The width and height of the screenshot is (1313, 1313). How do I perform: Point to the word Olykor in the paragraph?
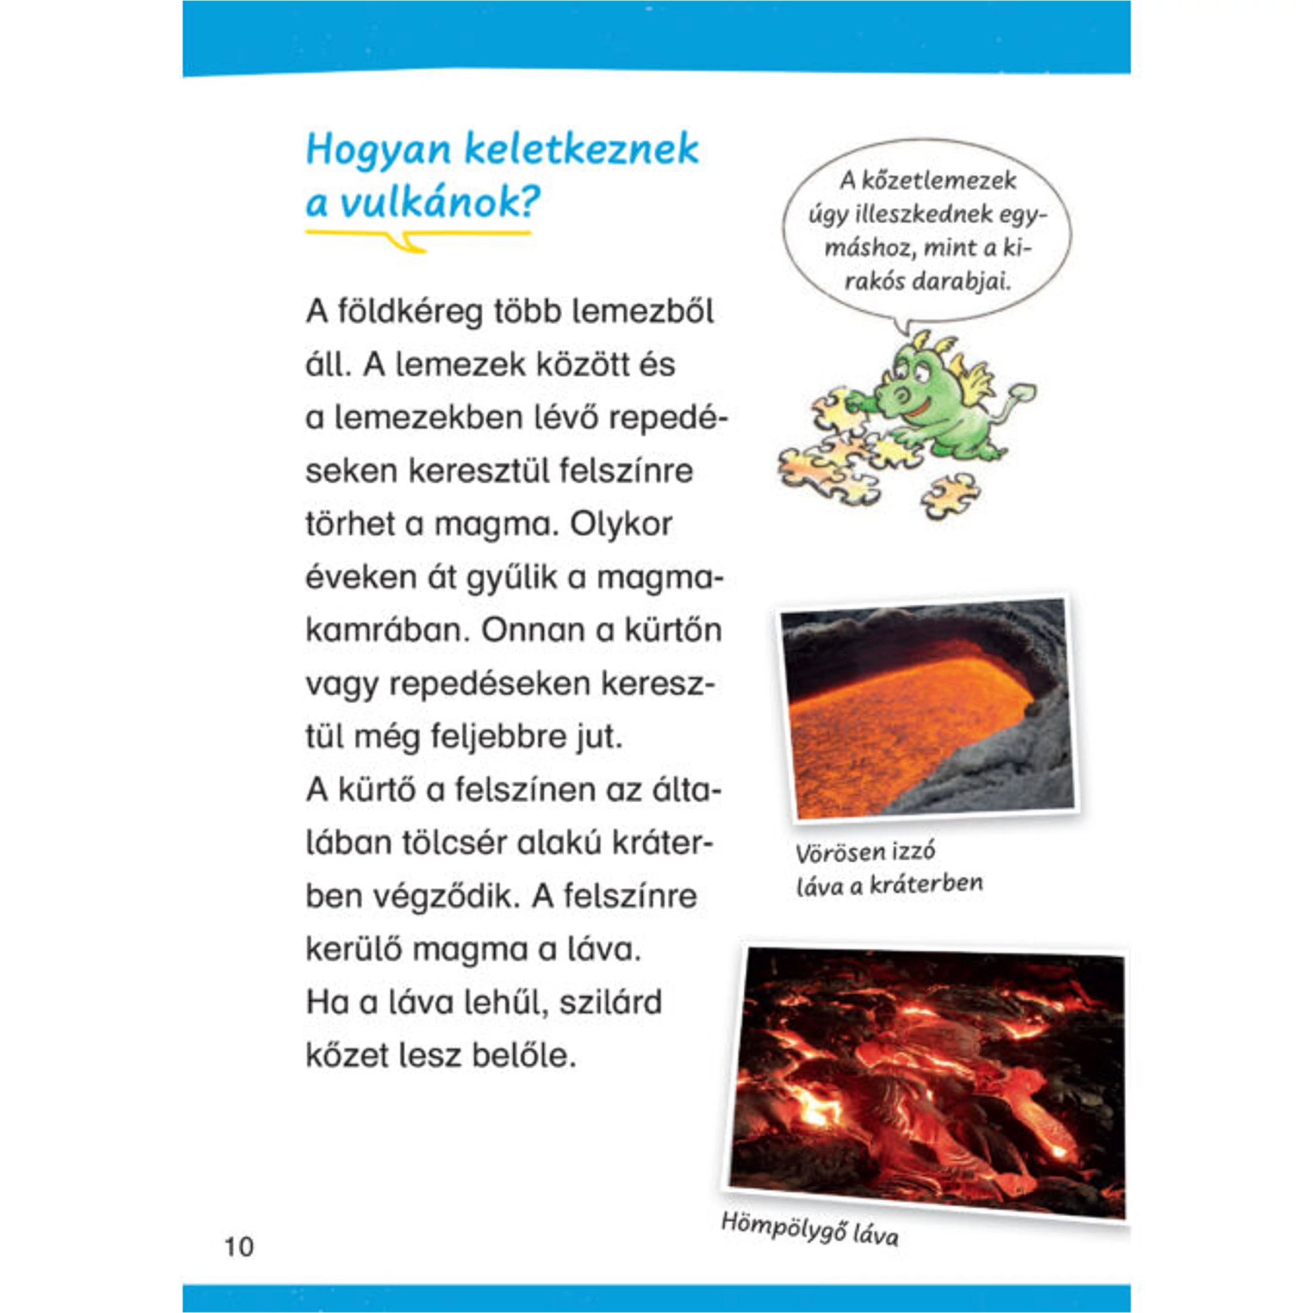click(x=621, y=525)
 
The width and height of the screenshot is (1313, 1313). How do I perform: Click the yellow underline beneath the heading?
click(x=417, y=234)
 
